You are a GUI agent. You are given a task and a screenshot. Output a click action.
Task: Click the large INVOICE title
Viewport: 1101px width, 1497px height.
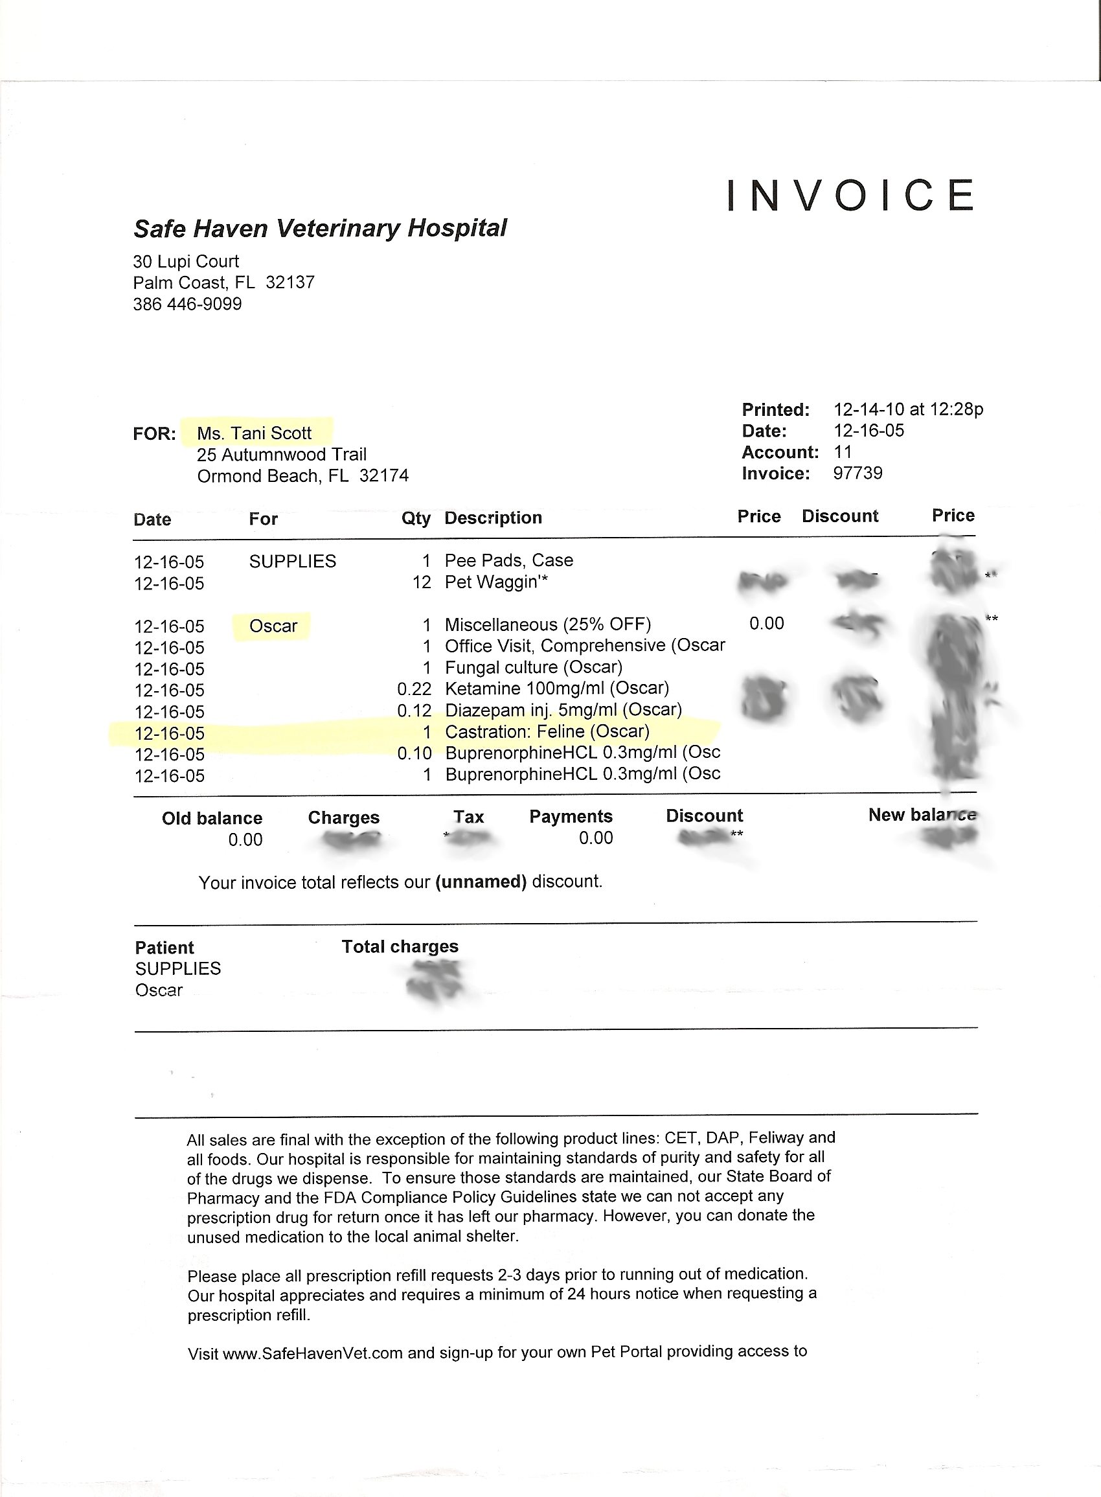click(x=852, y=194)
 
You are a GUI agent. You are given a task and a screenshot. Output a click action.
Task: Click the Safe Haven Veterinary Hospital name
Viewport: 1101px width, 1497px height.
click(x=320, y=228)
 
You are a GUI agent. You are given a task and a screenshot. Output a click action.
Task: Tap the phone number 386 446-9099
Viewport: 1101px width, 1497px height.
click(x=187, y=304)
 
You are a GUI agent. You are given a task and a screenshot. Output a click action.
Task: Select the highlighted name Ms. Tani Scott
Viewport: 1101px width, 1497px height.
click(x=254, y=433)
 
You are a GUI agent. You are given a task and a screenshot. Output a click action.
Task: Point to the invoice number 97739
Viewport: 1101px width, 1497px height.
click(x=857, y=474)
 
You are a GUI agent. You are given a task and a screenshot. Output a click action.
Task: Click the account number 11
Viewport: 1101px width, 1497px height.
click(x=843, y=452)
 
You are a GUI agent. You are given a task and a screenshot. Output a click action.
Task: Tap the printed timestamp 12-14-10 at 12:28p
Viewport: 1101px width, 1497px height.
click(x=908, y=409)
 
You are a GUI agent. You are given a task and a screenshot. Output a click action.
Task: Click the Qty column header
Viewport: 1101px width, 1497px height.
click(x=415, y=518)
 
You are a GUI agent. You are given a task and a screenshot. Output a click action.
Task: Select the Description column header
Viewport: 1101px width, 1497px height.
click(x=494, y=518)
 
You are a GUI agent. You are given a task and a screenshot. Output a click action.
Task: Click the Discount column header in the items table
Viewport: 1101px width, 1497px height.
click(x=840, y=516)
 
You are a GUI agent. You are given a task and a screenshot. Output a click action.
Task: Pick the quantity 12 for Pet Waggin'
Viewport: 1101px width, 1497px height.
click(x=422, y=582)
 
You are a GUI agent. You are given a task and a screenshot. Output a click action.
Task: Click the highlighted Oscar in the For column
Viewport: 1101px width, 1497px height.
click(x=273, y=626)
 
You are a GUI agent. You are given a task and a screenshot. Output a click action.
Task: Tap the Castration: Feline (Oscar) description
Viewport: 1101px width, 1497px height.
click(x=547, y=731)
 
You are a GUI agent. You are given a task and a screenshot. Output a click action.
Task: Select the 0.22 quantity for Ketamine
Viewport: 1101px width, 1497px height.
click(x=414, y=689)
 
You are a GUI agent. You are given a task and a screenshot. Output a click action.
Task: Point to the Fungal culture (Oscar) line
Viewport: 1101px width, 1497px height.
click(x=533, y=667)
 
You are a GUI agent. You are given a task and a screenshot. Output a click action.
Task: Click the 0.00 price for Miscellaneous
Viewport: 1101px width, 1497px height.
click(x=766, y=623)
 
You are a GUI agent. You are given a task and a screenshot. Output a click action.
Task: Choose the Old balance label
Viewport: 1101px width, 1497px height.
click(x=212, y=818)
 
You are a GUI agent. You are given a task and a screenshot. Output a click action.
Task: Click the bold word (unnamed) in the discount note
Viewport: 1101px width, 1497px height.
click(x=481, y=882)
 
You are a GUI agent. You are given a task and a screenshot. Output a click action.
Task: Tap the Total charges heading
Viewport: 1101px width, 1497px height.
click(x=400, y=946)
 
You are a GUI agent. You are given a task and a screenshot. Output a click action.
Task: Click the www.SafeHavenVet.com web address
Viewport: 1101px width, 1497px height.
click(x=313, y=1353)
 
